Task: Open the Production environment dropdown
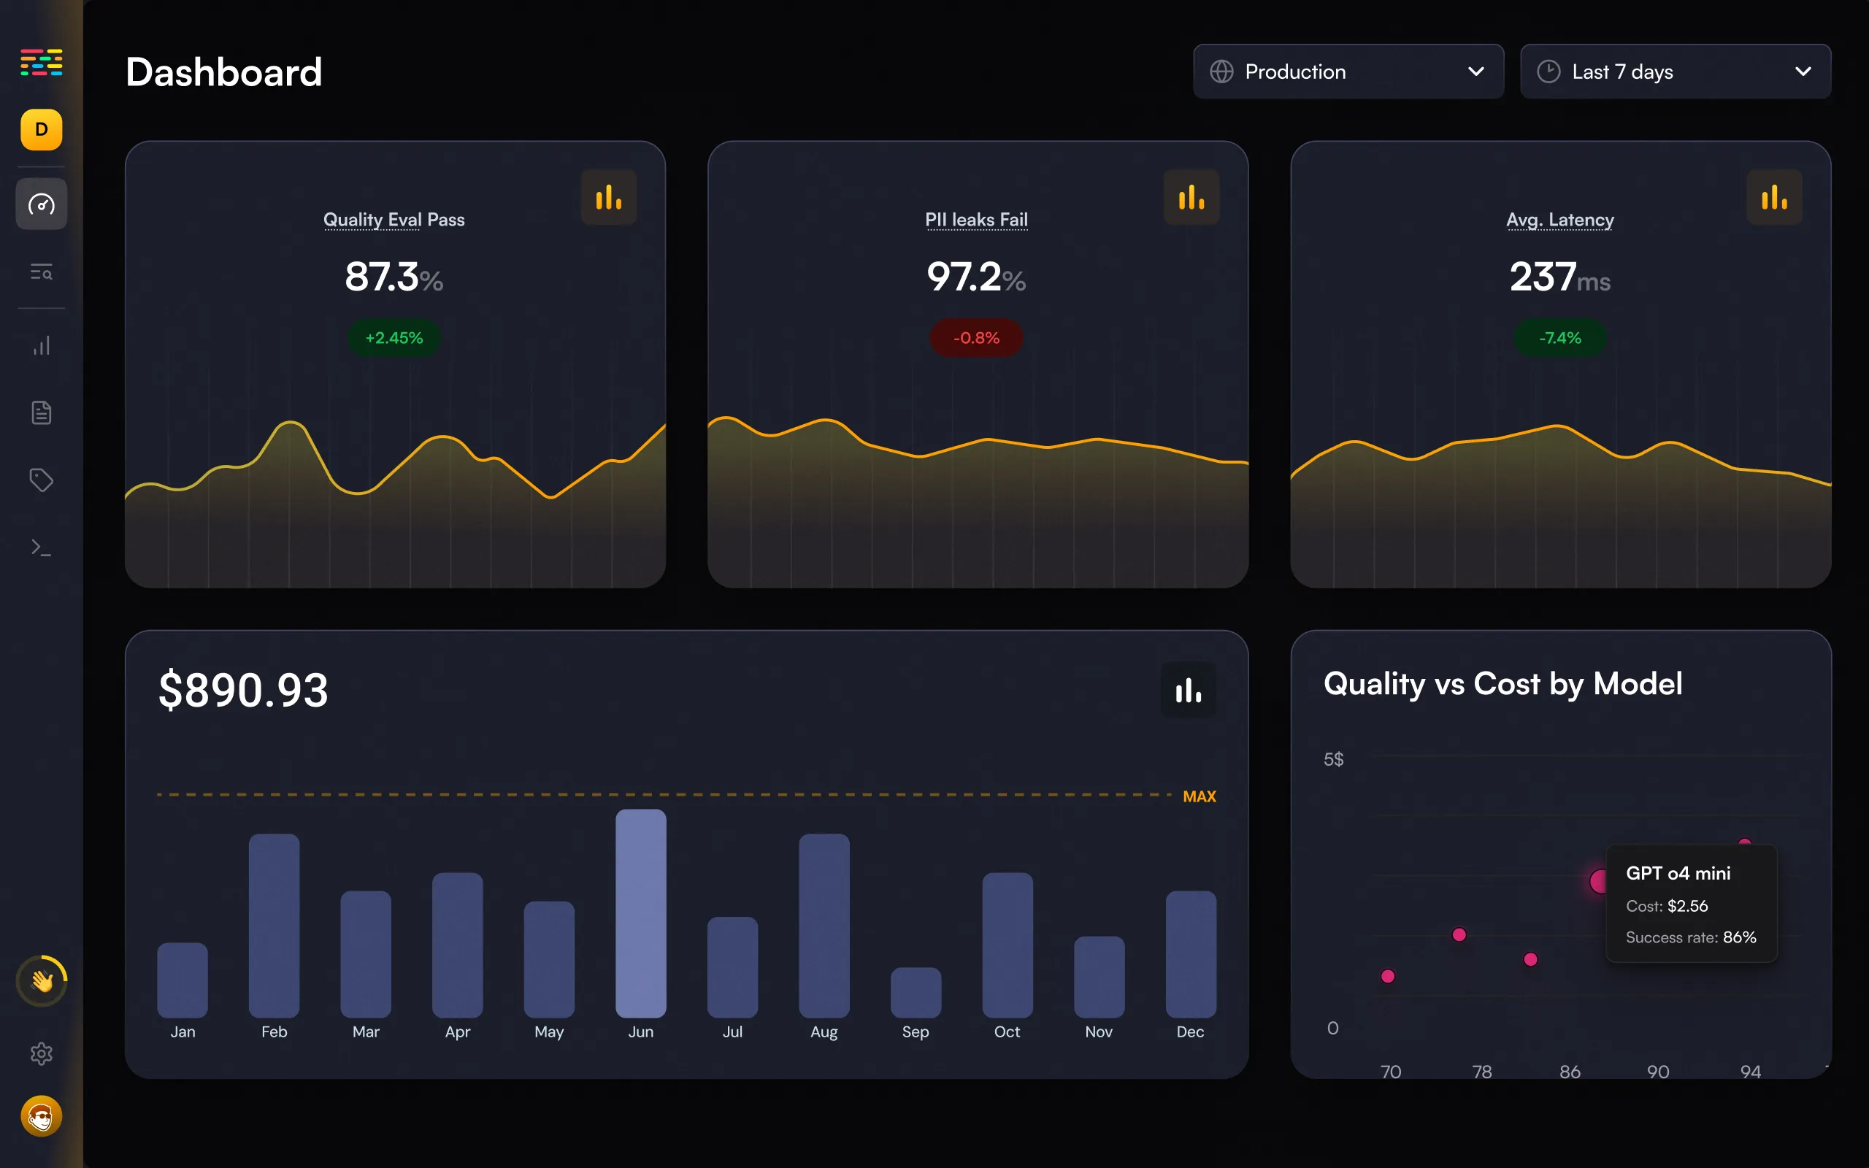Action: (x=1348, y=72)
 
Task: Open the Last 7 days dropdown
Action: (x=1675, y=72)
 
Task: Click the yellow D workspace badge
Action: (x=42, y=130)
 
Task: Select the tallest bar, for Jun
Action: (x=641, y=913)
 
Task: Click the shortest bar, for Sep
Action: (x=916, y=993)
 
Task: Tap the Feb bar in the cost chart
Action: (x=275, y=926)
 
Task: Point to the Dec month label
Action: (x=1190, y=1032)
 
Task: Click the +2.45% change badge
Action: (x=394, y=337)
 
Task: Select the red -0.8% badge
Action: (x=976, y=337)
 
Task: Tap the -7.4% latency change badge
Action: (x=1560, y=337)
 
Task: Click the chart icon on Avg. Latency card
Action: (x=1775, y=197)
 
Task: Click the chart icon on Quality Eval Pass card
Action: (x=609, y=197)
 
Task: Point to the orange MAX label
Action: (x=1200, y=796)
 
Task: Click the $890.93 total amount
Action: (x=243, y=690)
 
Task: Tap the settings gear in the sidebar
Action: (x=42, y=1053)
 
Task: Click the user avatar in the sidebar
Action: (x=42, y=1116)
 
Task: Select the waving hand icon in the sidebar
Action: (x=42, y=981)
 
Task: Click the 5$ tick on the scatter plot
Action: (x=1334, y=759)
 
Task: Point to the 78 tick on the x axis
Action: (x=1482, y=1072)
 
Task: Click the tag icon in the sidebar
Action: (x=42, y=480)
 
